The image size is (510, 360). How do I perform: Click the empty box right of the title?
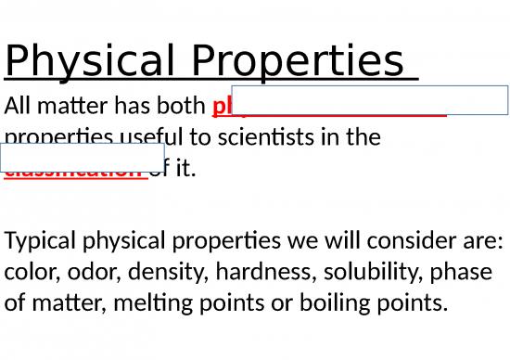coord(369,99)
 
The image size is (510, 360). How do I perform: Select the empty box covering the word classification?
coord(83,157)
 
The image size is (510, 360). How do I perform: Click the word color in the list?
coord(29,273)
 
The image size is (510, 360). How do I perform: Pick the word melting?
coord(157,303)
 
